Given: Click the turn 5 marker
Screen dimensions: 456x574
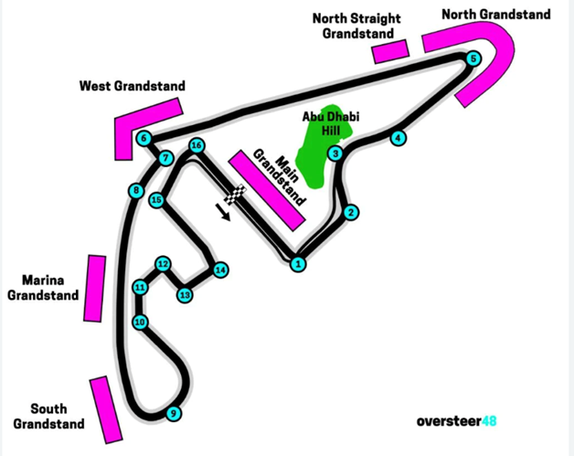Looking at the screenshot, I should [x=473, y=59].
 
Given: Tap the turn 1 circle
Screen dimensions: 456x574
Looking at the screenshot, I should [x=297, y=264].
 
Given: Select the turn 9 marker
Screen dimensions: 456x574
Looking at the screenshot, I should [x=173, y=414].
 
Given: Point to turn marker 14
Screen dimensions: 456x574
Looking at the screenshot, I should [x=220, y=270].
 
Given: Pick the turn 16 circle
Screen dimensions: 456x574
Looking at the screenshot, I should [x=196, y=146].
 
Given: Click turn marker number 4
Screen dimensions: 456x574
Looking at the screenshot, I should [x=398, y=138].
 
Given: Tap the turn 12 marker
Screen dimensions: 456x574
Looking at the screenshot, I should [x=163, y=264].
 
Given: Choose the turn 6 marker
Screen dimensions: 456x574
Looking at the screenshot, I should [x=144, y=139].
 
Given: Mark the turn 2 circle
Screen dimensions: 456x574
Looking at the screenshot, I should [x=351, y=213].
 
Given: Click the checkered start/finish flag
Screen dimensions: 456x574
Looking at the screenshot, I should [x=237, y=195].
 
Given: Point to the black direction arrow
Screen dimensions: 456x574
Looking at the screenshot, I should [x=223, y=213].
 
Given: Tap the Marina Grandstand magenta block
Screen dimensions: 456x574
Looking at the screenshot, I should [x=95, y=283].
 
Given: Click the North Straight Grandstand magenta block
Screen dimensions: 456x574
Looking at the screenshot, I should [x=389, y=51].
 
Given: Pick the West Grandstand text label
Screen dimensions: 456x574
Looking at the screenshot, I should [x=132, y=87].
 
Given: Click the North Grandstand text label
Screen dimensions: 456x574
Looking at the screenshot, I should [x=496, y=15].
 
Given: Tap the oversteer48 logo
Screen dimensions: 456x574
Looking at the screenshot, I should [x=456, y=421].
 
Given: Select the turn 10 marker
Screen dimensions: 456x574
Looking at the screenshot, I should [x=140, y=322].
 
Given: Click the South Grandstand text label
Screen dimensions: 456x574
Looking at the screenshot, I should [x=57, y=416].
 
